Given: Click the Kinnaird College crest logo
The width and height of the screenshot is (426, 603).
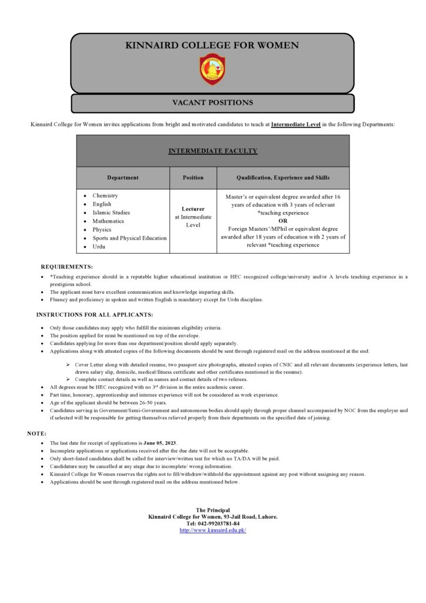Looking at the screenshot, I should click(212, 69).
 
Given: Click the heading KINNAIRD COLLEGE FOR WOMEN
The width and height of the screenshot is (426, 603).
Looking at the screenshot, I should click(212, 45).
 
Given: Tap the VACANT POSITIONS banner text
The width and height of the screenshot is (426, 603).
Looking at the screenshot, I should click(212, 102).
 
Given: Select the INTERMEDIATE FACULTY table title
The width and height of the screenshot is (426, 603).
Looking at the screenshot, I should click(212, 151).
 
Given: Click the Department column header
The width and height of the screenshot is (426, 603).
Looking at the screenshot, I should click(123, 177).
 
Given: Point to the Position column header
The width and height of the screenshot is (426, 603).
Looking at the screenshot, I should click(193, 177).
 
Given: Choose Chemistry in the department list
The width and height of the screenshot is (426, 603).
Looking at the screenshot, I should click(105, 196).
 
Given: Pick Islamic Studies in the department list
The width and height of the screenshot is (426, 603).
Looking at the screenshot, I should click(111, 213).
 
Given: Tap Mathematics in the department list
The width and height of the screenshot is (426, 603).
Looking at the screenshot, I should click(108, 221).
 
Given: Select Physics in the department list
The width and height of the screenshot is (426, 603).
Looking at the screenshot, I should click(102, 230).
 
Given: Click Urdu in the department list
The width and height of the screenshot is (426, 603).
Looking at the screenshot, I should click(99, 247).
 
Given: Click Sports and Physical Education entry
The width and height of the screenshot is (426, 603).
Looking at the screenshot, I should click(129, 238).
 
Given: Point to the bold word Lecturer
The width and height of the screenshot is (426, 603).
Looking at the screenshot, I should click(193, 208).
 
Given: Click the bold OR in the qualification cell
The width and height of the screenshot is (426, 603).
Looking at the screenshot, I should click(283, 221).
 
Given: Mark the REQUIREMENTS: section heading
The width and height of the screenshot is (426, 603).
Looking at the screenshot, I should click(66, 267).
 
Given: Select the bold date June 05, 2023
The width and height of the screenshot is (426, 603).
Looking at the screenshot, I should click(160, 442).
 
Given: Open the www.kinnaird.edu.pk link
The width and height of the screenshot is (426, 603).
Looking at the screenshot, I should click(212, 530).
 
